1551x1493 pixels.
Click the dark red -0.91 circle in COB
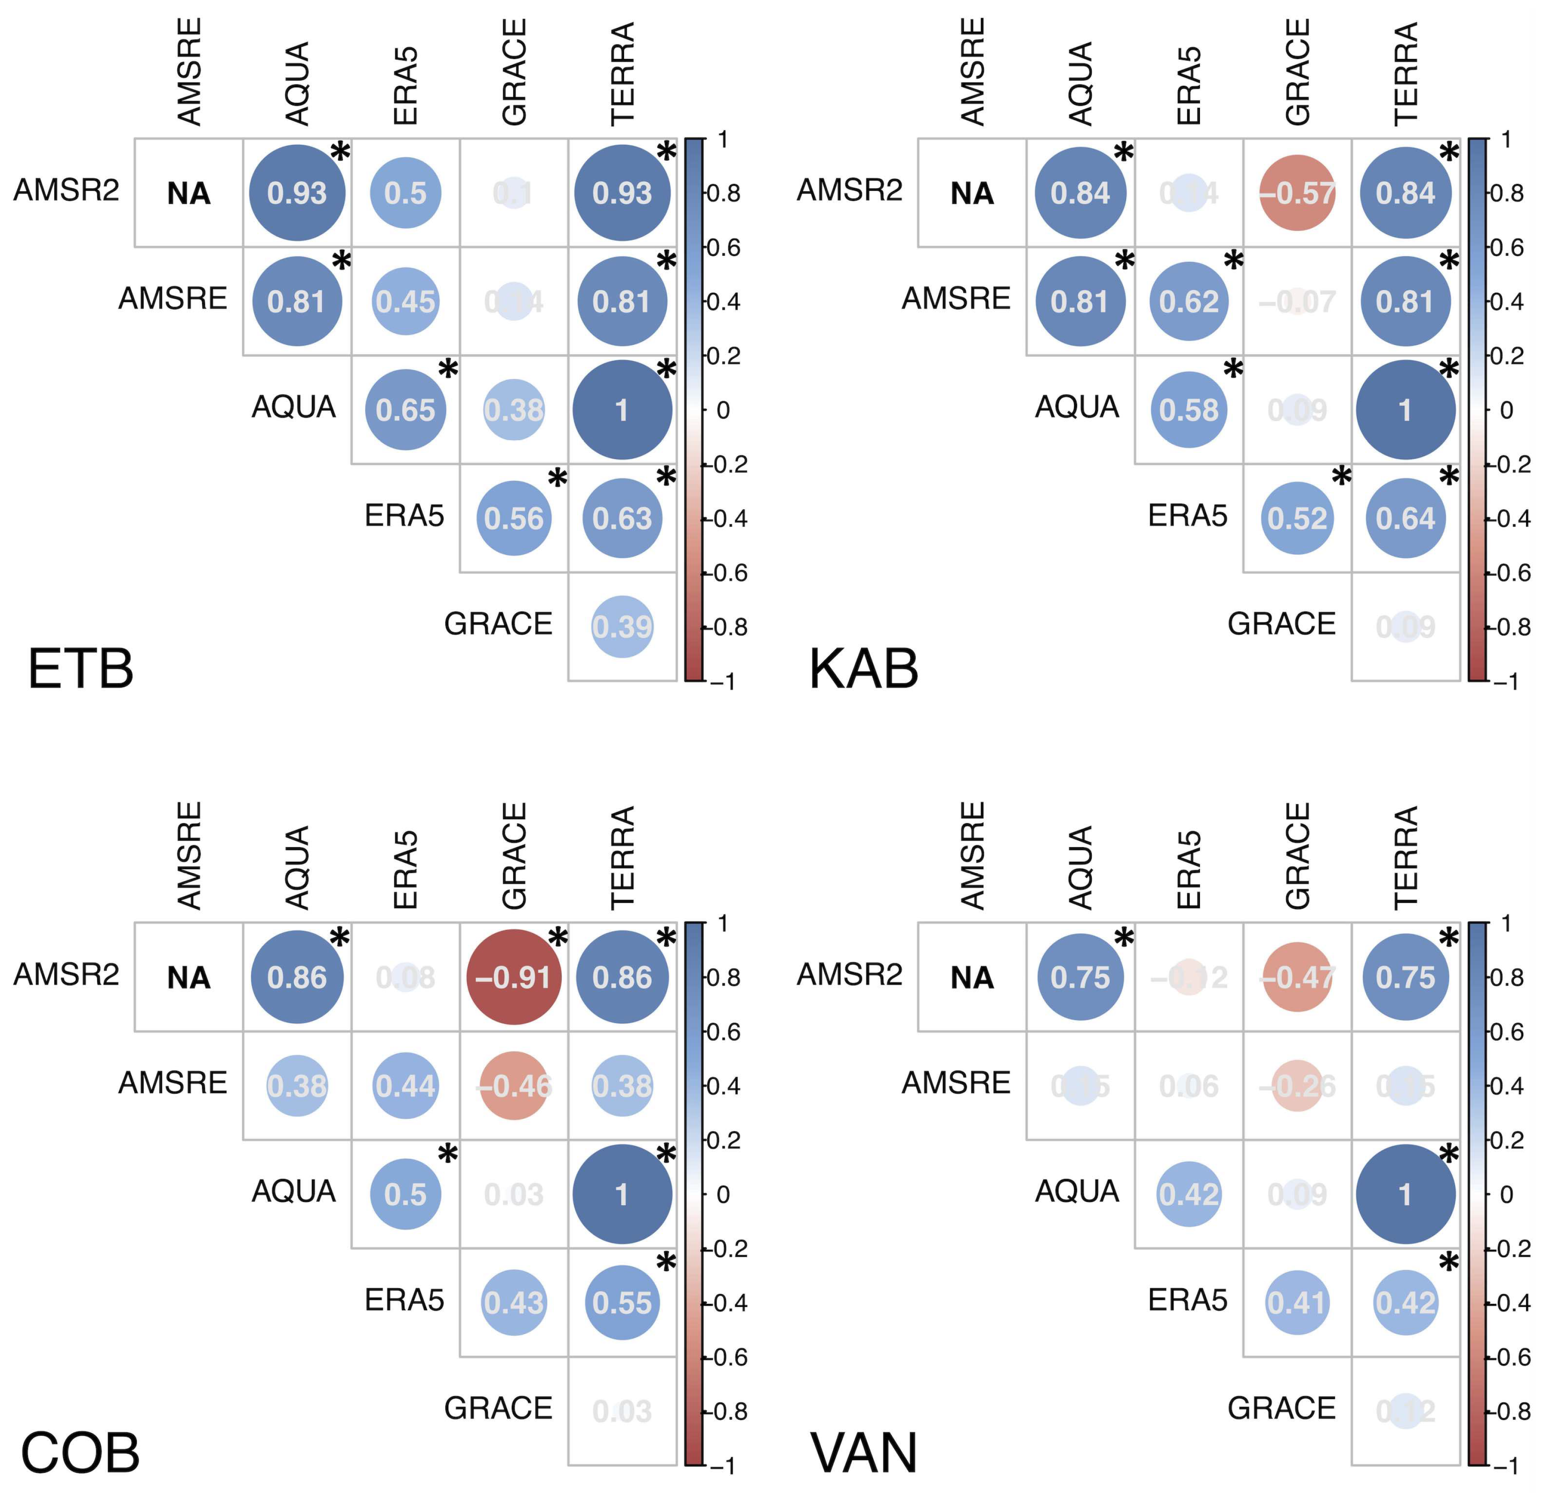point(514,977)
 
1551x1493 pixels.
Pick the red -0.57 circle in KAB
point(1297,193)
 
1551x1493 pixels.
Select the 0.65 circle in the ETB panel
point(405,410)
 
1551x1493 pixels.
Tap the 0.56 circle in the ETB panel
point(514,519)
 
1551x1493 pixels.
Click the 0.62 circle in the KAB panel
point(1189,302)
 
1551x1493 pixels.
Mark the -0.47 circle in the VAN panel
point(1297,977)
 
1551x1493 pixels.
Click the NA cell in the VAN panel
point(972,977)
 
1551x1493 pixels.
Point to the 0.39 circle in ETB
point(622,627)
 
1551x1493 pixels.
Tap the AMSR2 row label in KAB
point(849,190)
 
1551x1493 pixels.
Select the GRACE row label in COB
point(498,1407)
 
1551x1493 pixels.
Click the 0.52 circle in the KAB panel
point(1297,519)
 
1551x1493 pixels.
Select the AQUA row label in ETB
point(293,407)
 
